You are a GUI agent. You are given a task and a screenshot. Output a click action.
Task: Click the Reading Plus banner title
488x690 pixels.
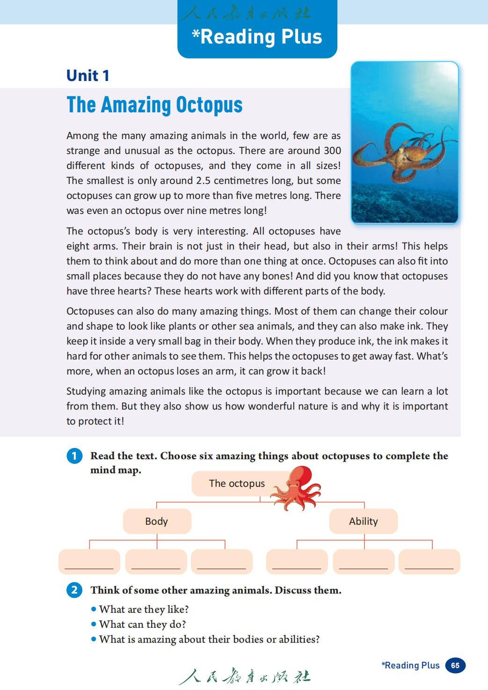coord(257,37)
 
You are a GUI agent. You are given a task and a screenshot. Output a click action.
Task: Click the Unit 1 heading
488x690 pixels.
coord(88,76)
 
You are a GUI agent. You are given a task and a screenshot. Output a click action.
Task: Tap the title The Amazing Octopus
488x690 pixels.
coord(154,105)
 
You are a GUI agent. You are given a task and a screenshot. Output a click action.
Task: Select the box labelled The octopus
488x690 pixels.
coord(236,484)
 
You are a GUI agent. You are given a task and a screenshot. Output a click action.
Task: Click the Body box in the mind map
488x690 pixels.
coord(157,521)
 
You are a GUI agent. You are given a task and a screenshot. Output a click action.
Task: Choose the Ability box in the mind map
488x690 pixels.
coord(363,521)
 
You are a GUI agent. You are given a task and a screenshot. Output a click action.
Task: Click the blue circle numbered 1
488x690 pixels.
coord(74,456)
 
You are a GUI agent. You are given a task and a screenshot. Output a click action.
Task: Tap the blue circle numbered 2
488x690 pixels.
coord(74,590)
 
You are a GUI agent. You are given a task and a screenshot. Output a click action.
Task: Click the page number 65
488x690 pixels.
coord(455,665)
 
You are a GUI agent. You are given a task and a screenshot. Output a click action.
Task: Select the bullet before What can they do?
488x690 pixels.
coord(94,624)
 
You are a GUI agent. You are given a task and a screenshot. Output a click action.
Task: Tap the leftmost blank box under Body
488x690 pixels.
coord(89,562)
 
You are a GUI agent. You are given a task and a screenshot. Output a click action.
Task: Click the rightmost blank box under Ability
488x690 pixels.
coord(430,562)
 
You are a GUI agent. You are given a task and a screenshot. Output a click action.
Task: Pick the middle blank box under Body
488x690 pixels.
coord(156,562)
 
